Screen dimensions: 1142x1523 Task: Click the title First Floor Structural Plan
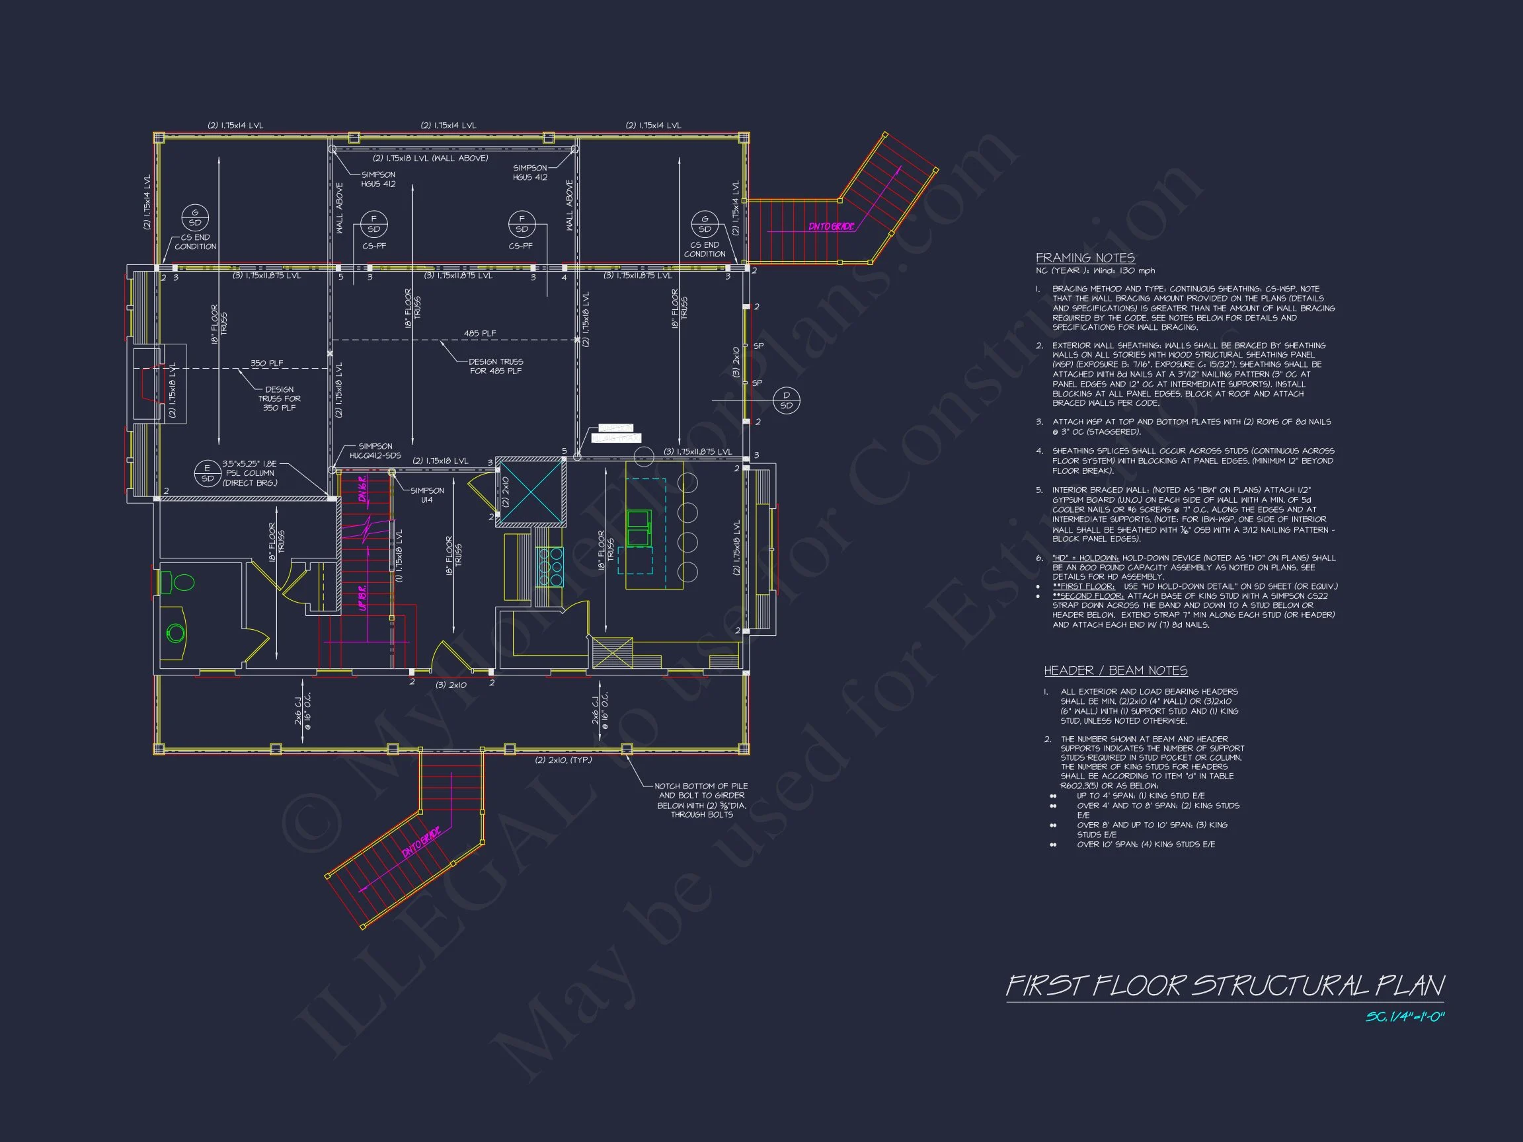tap(1225, 986)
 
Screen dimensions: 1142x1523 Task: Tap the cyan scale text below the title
tap(1405, 1016)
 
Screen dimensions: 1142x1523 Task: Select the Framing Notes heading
tap(1085, 258)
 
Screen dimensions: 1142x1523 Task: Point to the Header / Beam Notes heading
tap(1115, 671)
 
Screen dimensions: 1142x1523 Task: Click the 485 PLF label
tap(479, 334)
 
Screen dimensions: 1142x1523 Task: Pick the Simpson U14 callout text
tap(427, 495)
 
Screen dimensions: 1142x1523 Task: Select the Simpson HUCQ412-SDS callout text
tap(375, 451)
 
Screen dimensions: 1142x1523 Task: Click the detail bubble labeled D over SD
tap(786, 400)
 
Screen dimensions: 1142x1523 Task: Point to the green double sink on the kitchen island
tap(639, 528)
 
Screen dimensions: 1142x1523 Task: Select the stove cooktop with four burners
tap(549, 566)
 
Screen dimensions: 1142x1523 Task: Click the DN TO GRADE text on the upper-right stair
tap(831, 227)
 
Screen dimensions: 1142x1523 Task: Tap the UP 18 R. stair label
tap(362, 596)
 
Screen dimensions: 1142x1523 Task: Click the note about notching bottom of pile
tap(701, 800)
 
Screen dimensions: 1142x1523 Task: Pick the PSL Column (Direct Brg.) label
tap(249, 473)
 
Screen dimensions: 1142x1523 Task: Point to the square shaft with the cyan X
tap(531, 493)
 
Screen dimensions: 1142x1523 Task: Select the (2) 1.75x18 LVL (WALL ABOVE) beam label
tap(430, 159)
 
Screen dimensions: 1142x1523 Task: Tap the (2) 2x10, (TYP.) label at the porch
tap(563, 760)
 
